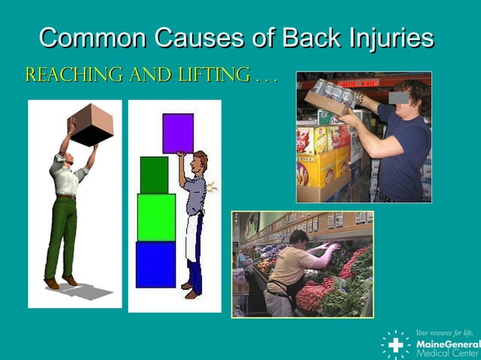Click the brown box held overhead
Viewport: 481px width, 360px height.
tap(92, 124)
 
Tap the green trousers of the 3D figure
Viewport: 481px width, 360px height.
tap(63, 233)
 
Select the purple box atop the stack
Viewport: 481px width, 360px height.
tap(178, 133)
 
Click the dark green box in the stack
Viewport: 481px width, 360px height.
tap(154, 175)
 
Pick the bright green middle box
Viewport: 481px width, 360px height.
tap(156, 217)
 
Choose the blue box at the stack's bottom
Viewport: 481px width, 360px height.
tap(155, 264)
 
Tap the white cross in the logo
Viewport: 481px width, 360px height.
tap(395, 344)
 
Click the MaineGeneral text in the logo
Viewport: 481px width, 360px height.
tap(447, 343)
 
